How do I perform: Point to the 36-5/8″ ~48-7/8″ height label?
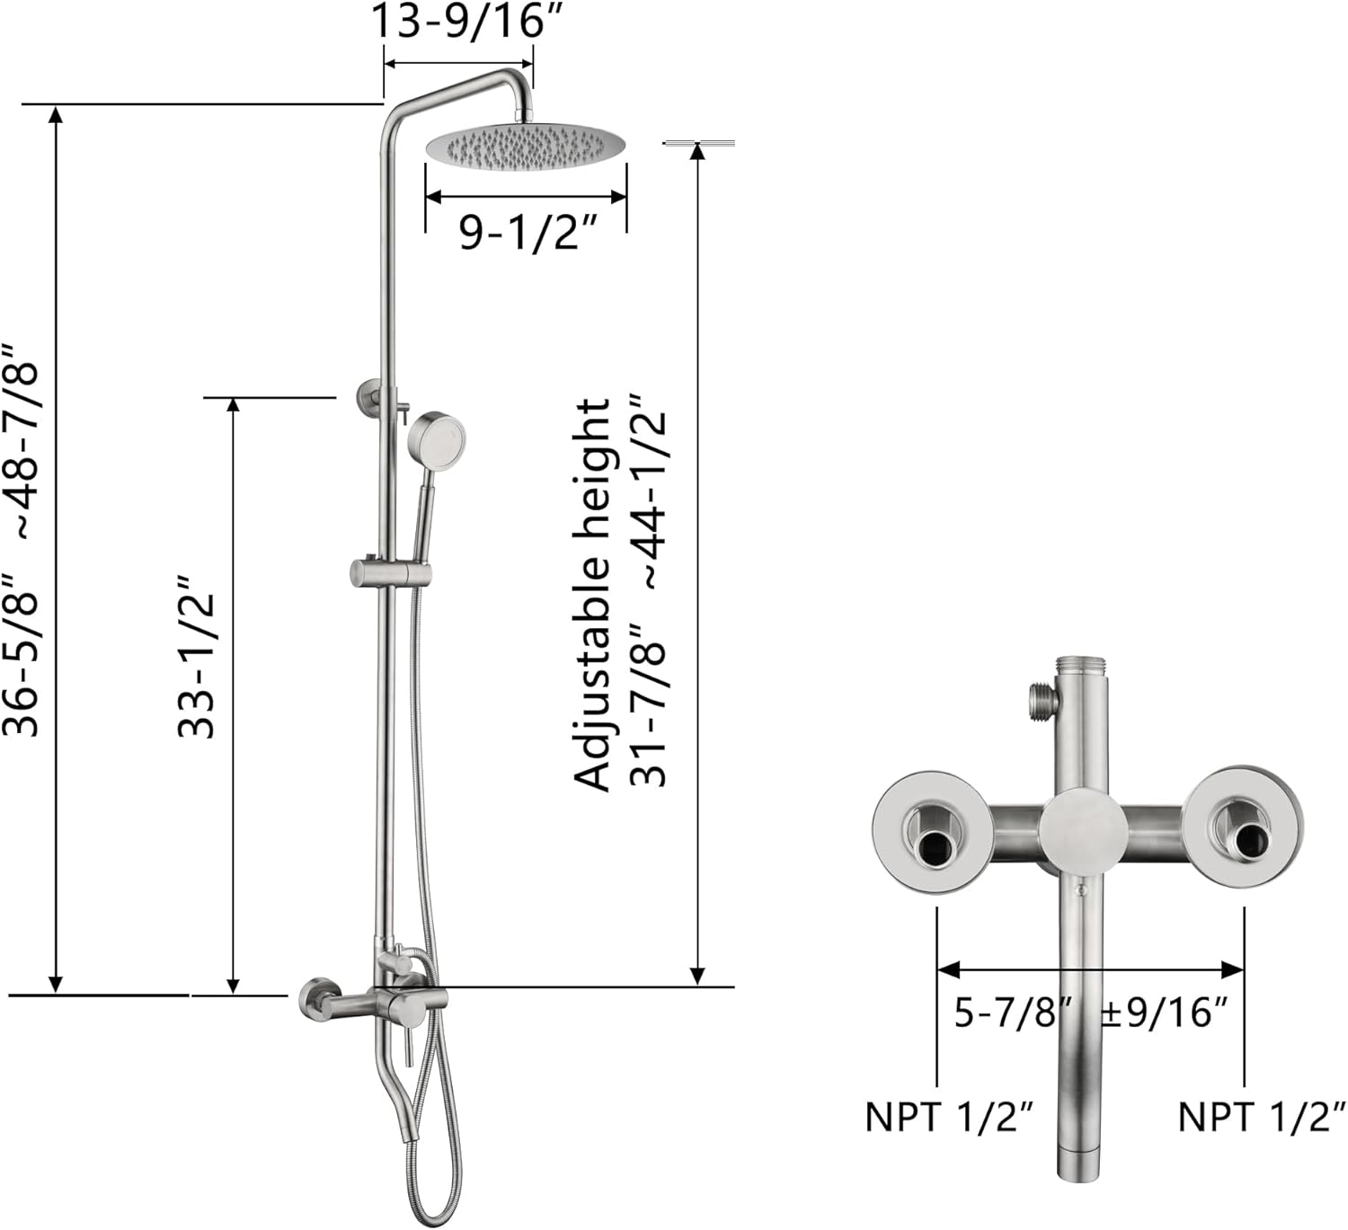[22, 539]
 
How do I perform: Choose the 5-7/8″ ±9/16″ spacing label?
[1090, 1013]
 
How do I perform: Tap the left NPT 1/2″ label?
[949, 1117]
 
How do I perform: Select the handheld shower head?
[436, 440]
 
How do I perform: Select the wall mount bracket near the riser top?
[369, 395]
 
